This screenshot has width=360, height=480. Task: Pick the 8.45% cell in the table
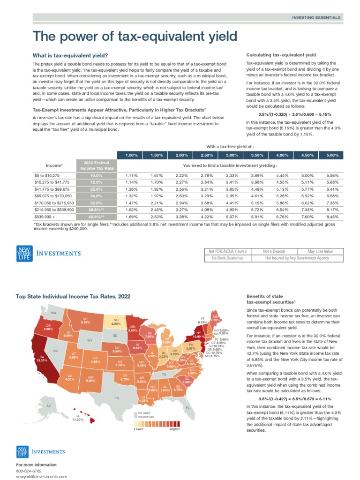[x=331, y=217]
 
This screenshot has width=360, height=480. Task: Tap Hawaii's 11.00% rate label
[x=77, y=419]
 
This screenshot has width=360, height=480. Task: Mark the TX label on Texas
[x=117, y=398]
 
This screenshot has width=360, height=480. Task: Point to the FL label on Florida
[x=187, y=408]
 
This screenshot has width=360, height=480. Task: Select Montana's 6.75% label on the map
[x=85, y=321]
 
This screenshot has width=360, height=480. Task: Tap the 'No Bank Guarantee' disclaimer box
[x=228, y=258]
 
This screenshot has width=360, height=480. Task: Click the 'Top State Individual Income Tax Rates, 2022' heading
[x=73, y=296]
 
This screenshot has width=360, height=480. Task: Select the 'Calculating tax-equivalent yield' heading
[x=281, y=55]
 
